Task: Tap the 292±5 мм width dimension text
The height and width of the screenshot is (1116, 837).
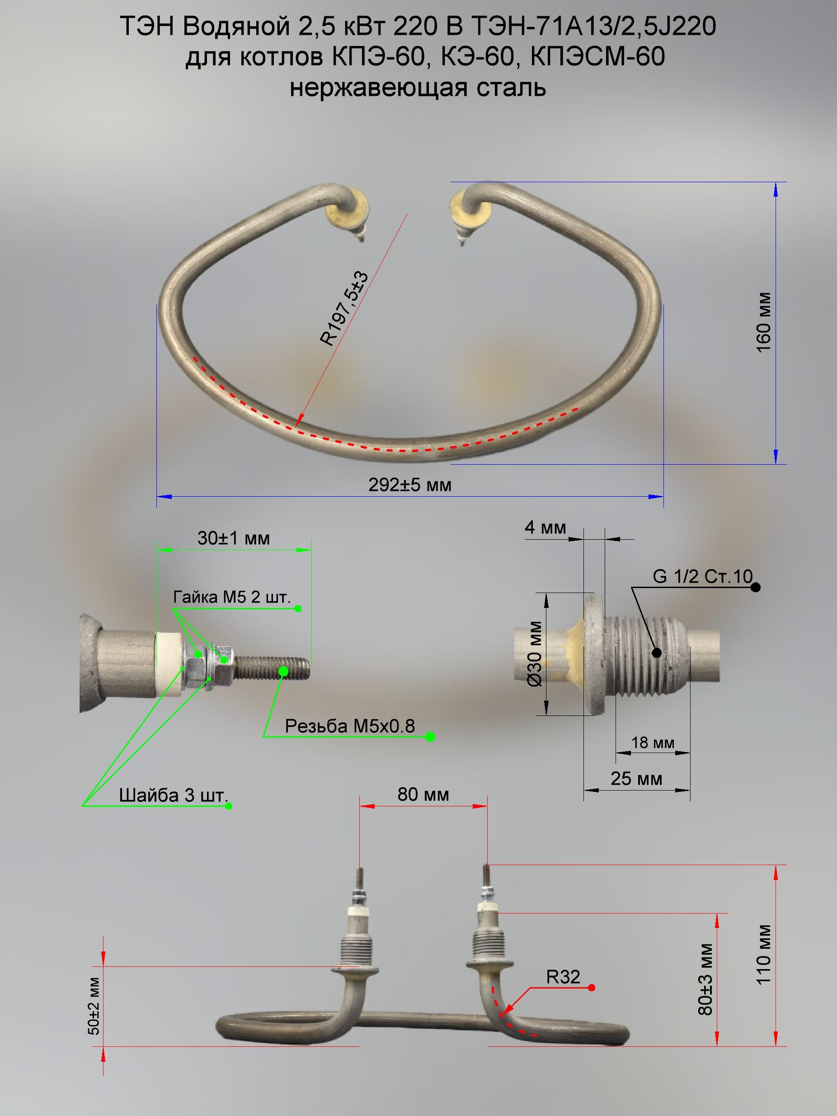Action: pyautogui.click(x=409, y=485)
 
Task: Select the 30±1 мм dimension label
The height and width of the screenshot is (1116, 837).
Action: pyautogui.click(x=234, y=538)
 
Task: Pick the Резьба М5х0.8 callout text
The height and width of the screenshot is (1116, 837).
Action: pyautogui.click(x=350, y=726)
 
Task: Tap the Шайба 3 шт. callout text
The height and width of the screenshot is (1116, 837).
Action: pyautogui.click(x=174, y=796)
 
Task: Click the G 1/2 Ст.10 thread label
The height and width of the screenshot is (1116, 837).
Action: pyautogui.click(x=702, y=576)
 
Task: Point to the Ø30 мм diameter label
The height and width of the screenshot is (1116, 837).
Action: pyautogui.click(x=535, y=654)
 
